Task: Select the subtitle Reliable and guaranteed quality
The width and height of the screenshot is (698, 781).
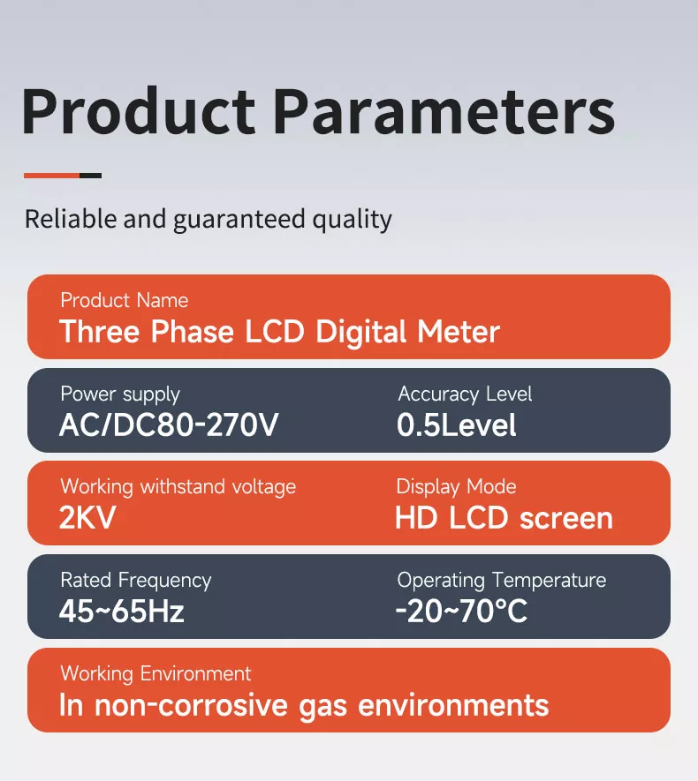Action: point(208,219)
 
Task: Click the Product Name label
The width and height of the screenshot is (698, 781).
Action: point(124,301)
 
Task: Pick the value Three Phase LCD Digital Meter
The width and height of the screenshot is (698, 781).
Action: point(279,333)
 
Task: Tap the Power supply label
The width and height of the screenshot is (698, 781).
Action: point(119,394)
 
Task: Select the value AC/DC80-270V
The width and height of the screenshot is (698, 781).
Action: point(169,426)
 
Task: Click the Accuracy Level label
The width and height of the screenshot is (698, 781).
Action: point(465,394)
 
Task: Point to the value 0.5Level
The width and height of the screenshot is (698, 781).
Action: point(457,426)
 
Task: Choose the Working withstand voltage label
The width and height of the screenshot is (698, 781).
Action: point(178,486)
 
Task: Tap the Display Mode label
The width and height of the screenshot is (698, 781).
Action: point(456,486)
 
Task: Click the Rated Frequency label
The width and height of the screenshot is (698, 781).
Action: point(135,580)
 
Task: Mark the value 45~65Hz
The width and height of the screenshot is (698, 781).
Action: point(122,612)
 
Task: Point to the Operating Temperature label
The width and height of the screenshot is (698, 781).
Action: point(501,580)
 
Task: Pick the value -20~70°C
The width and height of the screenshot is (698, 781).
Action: point(461,612)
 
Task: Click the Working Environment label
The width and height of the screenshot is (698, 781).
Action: point(156,673)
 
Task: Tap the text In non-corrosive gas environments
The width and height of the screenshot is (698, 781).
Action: point(304,706)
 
